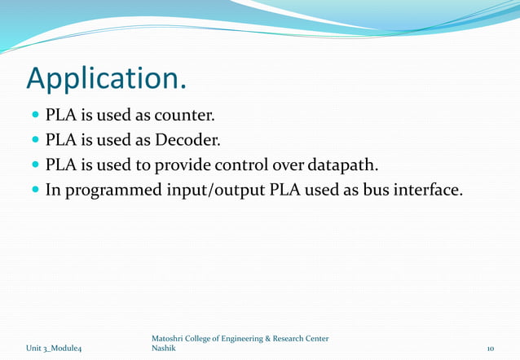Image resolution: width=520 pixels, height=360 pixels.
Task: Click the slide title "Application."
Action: (x=107, y=78)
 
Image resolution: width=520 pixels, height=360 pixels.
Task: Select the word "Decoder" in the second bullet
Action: (x=186, y=140)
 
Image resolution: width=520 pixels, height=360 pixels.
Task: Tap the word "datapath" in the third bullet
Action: (x=344, y=165)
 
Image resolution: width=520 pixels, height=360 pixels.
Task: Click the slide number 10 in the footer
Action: (x=490, y=349)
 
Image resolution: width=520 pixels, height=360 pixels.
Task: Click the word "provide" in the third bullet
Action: (x=183, y=165)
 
